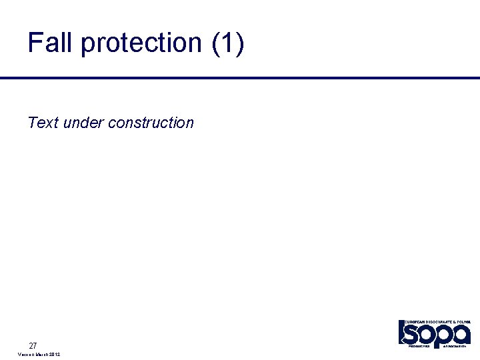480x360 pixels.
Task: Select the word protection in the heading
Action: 141,43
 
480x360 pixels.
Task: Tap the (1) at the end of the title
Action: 228,43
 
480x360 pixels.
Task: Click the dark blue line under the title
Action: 240,78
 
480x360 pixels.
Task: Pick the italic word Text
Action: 43,123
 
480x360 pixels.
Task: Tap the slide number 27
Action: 33,345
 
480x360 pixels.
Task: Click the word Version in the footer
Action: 27,355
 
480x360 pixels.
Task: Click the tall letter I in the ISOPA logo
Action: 401,333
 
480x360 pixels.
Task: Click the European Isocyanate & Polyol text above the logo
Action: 437,321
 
